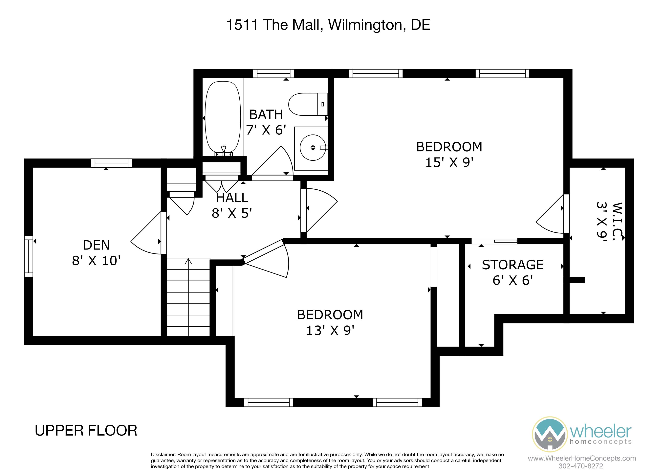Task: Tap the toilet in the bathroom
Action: [308, 104]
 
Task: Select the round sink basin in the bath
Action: [313, 148]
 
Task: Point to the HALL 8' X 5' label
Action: [232, 205]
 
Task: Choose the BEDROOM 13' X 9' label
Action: [330, 322]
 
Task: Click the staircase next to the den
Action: [188, 297]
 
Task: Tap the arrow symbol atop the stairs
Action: [188, 261]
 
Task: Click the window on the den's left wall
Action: [29, 256]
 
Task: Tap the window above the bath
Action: [273, 74]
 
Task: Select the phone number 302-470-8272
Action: [580, 466]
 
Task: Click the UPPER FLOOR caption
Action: [86, 431]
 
